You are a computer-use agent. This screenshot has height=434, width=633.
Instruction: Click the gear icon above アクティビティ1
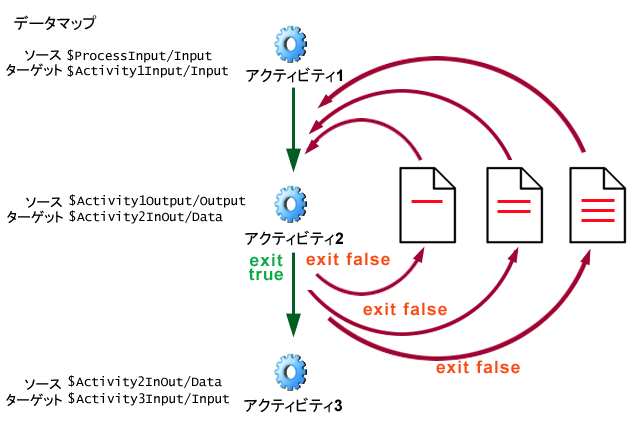point(291,45)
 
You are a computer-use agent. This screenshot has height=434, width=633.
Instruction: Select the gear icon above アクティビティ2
point(291,206)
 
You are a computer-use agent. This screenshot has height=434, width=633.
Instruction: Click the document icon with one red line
point(427,205)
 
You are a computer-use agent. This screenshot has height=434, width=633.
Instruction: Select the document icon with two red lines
point(513,205)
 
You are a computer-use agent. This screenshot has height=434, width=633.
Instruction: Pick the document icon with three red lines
point(598,205)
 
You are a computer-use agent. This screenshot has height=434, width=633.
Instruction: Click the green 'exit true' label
point(266,267)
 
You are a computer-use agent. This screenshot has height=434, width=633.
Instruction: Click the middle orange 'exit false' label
point(405,309)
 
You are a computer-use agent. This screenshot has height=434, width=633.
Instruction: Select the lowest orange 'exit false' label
point(477,368)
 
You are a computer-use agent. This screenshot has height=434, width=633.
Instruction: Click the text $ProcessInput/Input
point(139,55)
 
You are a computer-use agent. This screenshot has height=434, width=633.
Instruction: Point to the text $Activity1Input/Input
point(147,71)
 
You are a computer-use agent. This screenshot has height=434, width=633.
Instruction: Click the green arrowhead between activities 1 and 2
point(293,160)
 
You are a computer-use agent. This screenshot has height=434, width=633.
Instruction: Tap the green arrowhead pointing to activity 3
point(293,325)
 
